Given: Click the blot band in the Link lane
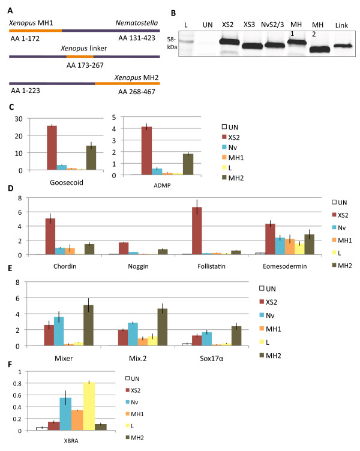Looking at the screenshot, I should point(341,45).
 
